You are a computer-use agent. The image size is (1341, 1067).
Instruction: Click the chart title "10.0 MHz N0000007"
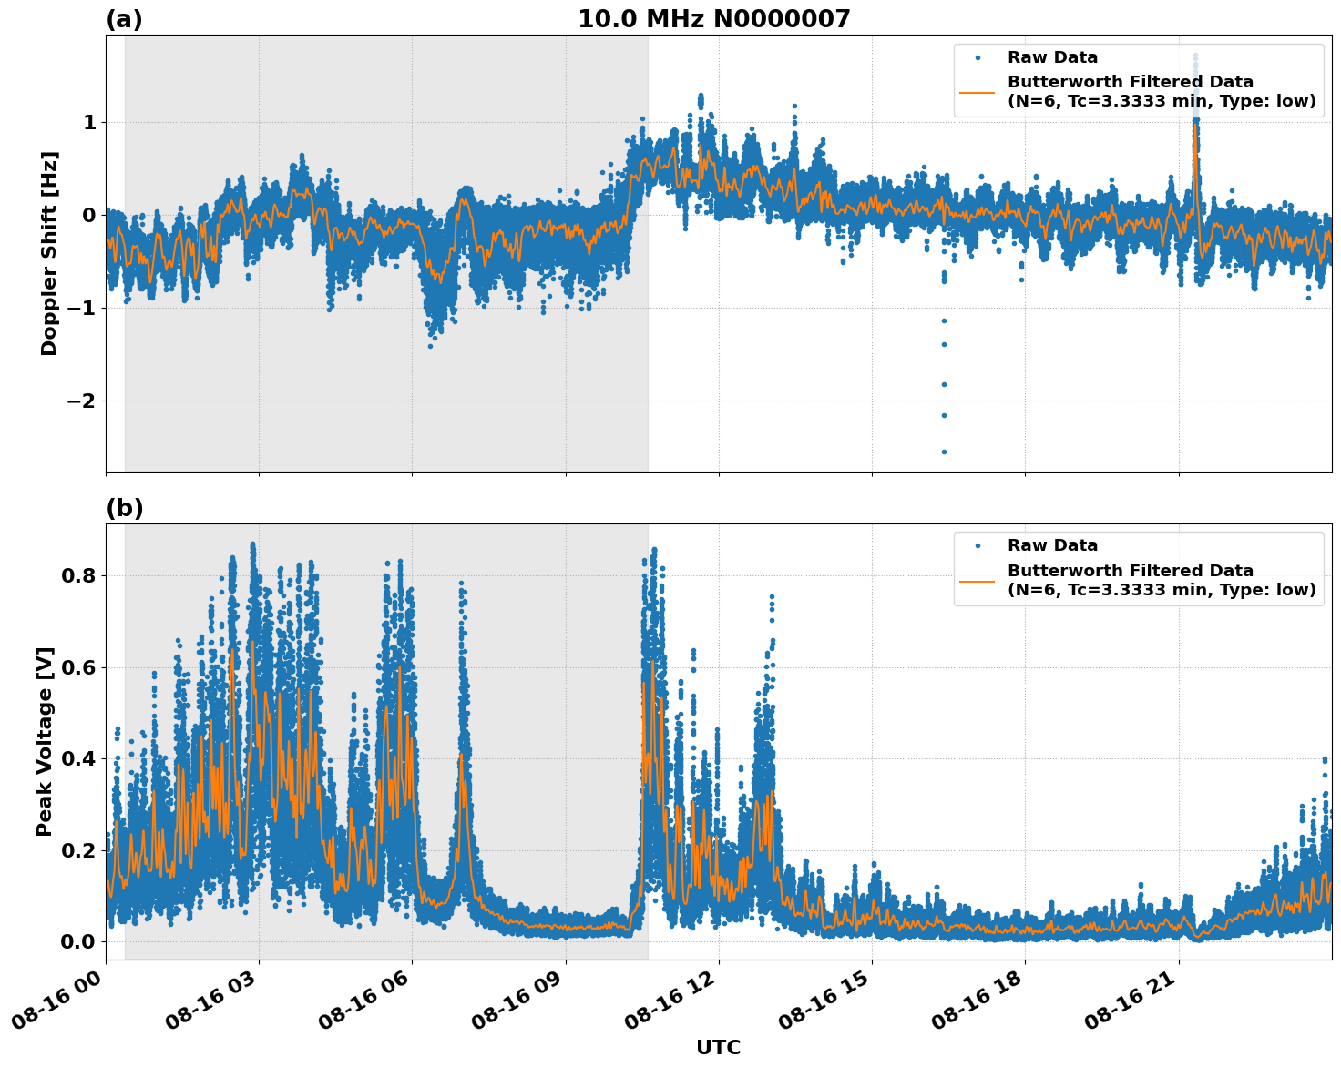coord(713,19)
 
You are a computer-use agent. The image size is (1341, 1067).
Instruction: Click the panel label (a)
coord(124,19)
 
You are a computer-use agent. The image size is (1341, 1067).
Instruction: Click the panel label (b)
coord(125,508)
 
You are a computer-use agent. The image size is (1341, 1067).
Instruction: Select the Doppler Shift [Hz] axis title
coord(49,253)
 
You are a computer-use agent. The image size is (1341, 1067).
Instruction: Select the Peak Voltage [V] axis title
coord(45,741)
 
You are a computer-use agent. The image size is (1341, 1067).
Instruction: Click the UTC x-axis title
coord(718,1047)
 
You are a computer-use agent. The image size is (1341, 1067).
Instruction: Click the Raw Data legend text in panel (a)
coord(1052,57)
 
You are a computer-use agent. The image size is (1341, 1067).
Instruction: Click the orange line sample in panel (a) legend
coord(977,92)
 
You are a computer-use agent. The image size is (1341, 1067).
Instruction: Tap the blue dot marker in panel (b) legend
coord(977,545)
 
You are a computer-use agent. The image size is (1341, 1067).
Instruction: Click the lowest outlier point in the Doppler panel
coord(944,452)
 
